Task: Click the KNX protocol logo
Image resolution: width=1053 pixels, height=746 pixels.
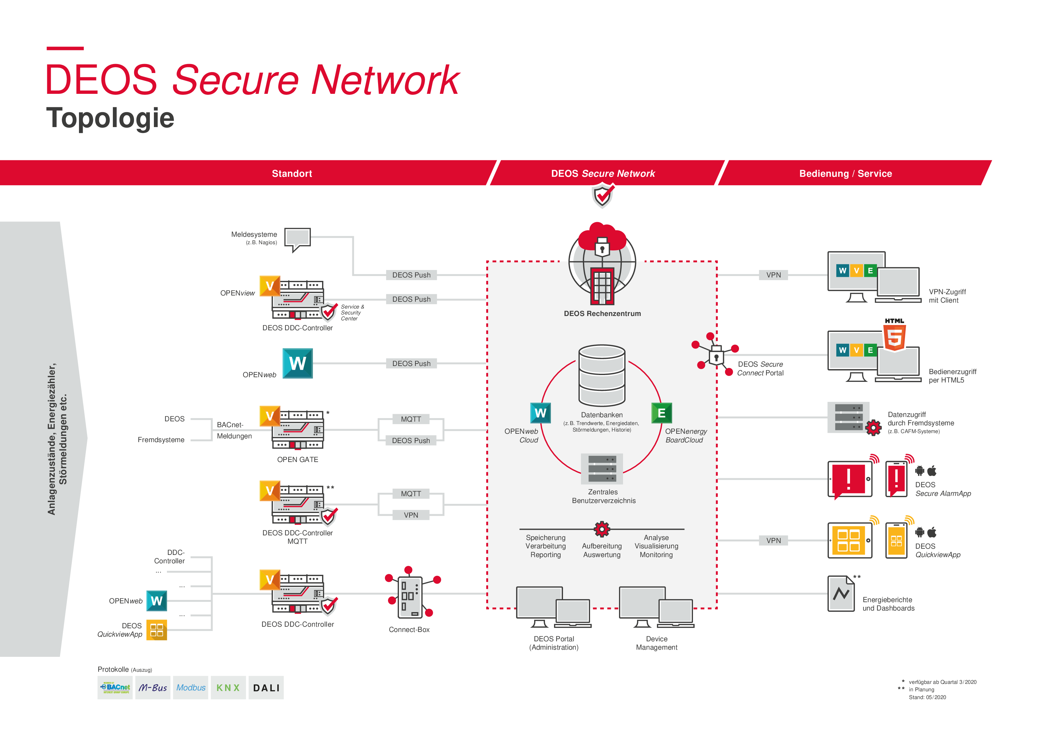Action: pos(228,688)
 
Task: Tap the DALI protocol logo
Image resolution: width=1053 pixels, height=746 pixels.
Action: pos(266,688)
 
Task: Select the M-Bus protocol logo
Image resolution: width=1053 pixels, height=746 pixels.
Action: pos(153,688)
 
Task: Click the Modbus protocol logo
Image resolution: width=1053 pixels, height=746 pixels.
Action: pos(191,688)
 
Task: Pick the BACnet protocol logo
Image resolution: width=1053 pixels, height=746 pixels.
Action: pos(115,688)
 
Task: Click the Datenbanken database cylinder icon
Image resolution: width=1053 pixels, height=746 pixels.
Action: pos(602,375)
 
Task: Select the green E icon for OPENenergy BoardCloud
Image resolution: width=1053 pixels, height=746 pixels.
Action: pos(661,413)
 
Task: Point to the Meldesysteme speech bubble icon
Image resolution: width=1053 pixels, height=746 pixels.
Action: pos(298,238)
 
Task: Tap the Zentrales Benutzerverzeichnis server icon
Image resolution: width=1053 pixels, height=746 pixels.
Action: pos(602,469)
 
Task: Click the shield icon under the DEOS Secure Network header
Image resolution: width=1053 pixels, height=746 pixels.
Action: pos(603,196)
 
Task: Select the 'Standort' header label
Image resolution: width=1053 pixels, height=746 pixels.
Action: pos(292,174)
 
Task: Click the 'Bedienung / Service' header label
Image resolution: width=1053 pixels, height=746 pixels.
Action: pos(845,174)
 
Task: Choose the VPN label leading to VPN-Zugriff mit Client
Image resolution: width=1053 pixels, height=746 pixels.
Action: pos(773,275)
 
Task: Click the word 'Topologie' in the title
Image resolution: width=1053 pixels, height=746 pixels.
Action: pos(110,118)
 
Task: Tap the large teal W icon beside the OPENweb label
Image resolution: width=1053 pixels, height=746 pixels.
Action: pos(298,363)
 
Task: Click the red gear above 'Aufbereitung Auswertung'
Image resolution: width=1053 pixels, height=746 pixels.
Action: pos(602,529)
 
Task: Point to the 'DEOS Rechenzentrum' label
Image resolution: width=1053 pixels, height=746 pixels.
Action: pos(602,314)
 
